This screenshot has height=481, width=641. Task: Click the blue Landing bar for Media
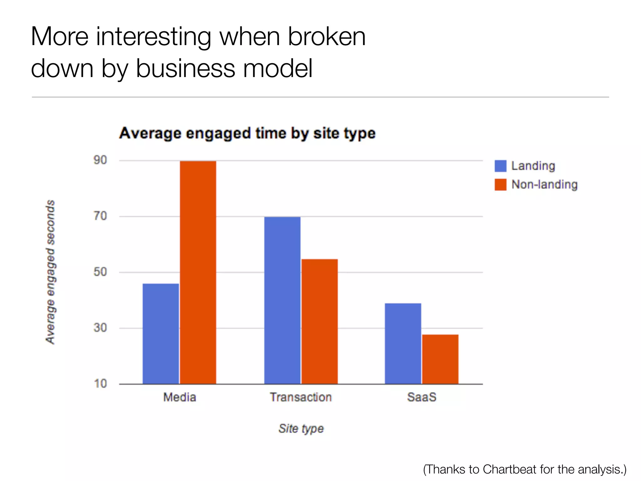pos(161,334)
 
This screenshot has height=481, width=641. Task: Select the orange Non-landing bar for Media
pos(198,272)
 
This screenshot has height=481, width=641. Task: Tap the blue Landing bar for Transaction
pos(282,300)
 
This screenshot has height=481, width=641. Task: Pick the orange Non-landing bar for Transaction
pos(320,321)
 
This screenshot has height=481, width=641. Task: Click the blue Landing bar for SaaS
pos(403,343)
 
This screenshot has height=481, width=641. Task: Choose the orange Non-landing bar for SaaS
pos(440,359)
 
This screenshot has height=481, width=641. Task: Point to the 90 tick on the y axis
pos(100,160)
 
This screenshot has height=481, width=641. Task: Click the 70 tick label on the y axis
pos(100,216)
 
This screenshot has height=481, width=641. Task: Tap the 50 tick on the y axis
pos(100,272)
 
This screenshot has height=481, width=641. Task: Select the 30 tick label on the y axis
pos(100,328)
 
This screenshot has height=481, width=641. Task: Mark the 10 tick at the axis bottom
pos(100,384)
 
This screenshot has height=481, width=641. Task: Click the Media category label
pos(180,397)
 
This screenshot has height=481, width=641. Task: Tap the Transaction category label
pos(301,397)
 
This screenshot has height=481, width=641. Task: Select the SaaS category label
pos(422,397)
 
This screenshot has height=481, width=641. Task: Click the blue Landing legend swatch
pos(500,166)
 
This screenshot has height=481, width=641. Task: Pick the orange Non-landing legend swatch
pos(500,184)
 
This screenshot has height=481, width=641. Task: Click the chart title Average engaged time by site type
pos(247,133)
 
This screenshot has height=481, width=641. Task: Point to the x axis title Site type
pos(301,428)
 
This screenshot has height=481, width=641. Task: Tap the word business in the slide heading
pos(185,69)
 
